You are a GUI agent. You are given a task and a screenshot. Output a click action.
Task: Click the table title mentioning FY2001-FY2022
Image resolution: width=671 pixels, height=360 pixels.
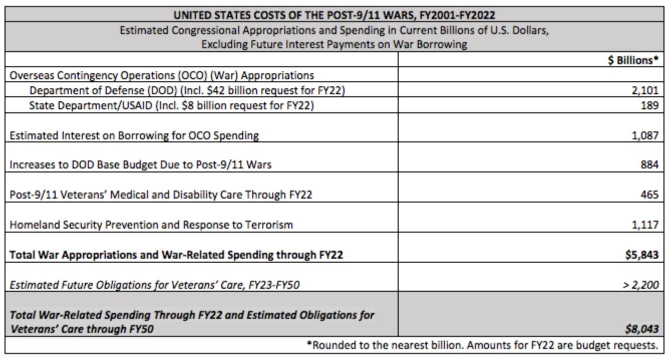tap(334, 15)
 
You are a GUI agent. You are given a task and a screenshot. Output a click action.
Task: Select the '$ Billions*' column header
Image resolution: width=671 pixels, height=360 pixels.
tap(633, 60)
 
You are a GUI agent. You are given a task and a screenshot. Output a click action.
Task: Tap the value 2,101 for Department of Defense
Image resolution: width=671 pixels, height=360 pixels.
tap(645, 90)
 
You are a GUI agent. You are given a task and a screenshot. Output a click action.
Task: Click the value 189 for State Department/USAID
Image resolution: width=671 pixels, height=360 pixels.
tap(649, 105)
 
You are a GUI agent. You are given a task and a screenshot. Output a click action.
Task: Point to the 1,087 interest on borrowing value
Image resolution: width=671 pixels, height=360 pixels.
tap(645, 135)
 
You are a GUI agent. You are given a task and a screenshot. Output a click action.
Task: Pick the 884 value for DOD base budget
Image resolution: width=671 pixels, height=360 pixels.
tap(649, 164)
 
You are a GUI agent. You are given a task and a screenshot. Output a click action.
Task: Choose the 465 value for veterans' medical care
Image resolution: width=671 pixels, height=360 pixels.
tap(649, 195)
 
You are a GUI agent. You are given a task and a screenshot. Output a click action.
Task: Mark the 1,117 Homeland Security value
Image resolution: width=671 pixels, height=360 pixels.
tap(645, 225)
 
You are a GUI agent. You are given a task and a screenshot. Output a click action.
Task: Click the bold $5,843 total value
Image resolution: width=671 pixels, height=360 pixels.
tap(641, 255)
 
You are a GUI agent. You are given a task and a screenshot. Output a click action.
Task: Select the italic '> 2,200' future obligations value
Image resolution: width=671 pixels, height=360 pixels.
tap(640, 284)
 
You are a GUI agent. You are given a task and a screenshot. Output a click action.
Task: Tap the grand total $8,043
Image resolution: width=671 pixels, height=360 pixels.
tap(641, 329)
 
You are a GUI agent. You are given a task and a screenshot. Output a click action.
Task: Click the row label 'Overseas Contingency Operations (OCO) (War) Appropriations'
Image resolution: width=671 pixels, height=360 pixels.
tap(162, 76)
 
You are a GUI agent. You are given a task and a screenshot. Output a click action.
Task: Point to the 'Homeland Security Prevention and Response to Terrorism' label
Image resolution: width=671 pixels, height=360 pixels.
tap(151, 225)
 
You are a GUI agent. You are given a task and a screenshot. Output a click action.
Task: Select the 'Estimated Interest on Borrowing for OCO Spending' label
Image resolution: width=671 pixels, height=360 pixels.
tap(134, 135)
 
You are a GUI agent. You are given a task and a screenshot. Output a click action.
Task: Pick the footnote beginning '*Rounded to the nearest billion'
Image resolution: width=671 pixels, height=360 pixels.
tap(482, 345)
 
